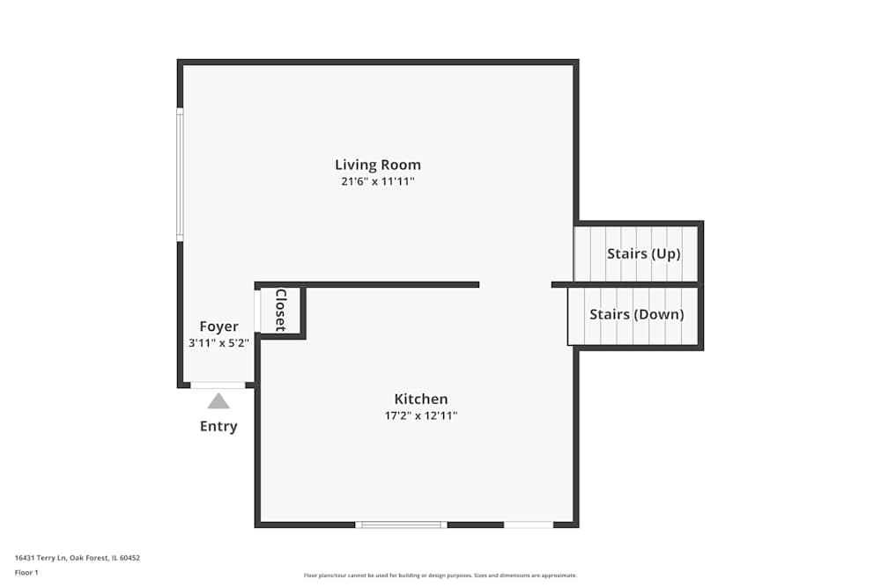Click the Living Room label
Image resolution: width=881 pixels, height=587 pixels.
(x=378, y=165)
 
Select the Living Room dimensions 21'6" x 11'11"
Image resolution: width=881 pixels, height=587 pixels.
(x=378, y=182)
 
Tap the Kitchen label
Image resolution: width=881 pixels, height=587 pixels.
(x=420, y=399)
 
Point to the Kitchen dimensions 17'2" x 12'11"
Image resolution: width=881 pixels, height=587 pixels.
(x=420, y=415)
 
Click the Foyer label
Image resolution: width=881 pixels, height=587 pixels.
(x=218, y=327)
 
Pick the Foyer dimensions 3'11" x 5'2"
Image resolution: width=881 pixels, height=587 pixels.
(x=218, y=343)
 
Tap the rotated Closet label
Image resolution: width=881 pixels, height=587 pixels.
(x=281, y=310)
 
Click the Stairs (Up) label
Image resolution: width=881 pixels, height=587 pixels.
(x=644, y=253)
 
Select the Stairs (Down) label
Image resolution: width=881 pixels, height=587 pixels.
(x=636, y=314)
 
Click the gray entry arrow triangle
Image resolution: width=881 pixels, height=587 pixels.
(x=218, y=401)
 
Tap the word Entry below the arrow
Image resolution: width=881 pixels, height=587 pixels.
(x=218, y=427)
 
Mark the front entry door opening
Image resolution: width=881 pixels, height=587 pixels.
(x=218, y=385)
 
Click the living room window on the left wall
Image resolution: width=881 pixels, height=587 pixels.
(x=180, y=174)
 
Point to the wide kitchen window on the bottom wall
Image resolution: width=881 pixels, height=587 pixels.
(x=401, y=525)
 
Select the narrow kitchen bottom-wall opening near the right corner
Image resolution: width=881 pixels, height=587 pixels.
(x=529, y=525)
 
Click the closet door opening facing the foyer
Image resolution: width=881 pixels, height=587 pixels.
(x=257, y=311)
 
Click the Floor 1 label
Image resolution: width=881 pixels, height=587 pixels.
(x=26, y=572)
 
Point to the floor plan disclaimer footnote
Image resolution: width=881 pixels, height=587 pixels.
(x=440, y=576)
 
